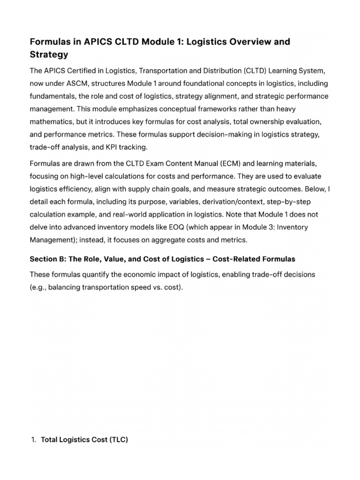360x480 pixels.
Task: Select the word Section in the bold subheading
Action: (x=44, y=259)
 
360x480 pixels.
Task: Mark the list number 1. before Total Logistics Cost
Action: (x=33, y=440)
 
